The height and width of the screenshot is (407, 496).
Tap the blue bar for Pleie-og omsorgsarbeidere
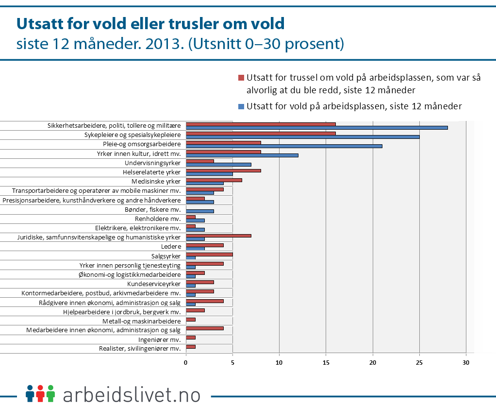click(284, 146)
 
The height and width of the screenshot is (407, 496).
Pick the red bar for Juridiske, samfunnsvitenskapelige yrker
click(218, 236)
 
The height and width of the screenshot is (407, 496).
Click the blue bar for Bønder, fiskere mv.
click(199, 211)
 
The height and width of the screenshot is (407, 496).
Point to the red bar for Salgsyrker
click(209, 254)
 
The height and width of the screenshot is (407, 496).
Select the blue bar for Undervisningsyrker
click(218, 164)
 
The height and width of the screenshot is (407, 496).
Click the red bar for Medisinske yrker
click(214, 180)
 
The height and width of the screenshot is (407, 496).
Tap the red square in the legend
click(241, 78)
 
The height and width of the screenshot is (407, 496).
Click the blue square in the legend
click(241, 106)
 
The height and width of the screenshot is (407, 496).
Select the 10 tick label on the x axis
click(279, 362)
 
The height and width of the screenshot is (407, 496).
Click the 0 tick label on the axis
click(186, 362)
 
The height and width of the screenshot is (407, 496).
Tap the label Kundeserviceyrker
click(154, 284)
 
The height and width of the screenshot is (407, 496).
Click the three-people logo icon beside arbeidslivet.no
click(40, 393)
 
